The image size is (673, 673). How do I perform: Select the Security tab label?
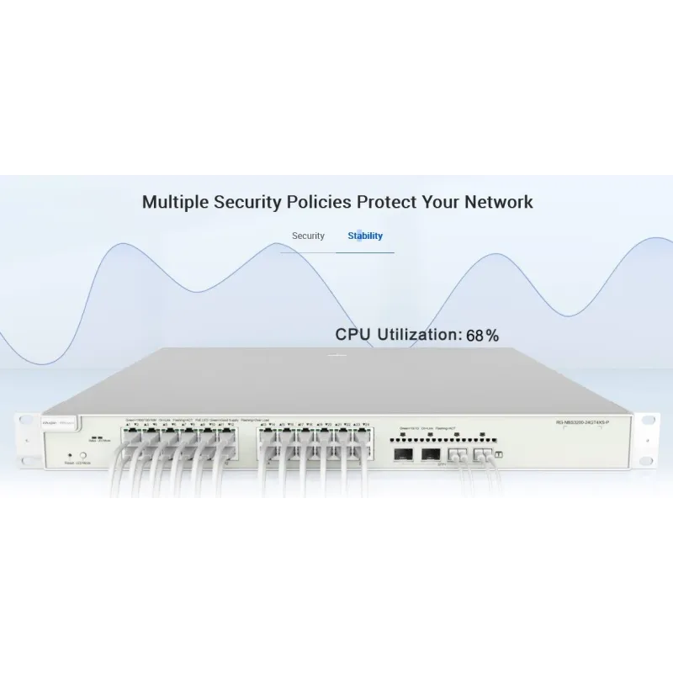[308, 236]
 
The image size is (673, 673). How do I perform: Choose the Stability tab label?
[365, 236]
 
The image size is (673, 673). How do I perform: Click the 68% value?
[483, 335]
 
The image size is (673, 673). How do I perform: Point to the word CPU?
[353, 334]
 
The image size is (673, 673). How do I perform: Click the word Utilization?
[418, 334]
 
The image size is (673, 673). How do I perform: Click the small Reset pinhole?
[68, 454]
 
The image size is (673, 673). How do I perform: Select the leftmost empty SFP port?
[401, 456]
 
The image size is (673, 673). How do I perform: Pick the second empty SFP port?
[431, 456]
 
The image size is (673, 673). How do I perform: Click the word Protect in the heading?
[390, 202]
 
